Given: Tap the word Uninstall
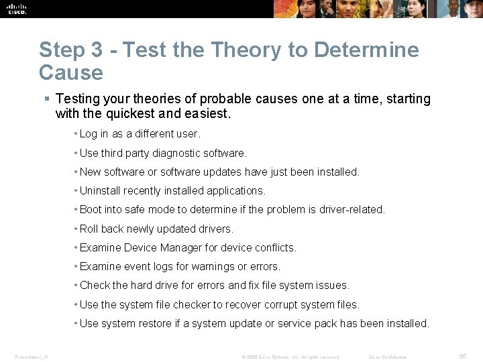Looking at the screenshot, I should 100,190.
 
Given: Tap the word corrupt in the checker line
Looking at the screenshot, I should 272,304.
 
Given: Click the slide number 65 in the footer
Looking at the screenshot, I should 463,357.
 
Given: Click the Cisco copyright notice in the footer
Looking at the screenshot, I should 290,357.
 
